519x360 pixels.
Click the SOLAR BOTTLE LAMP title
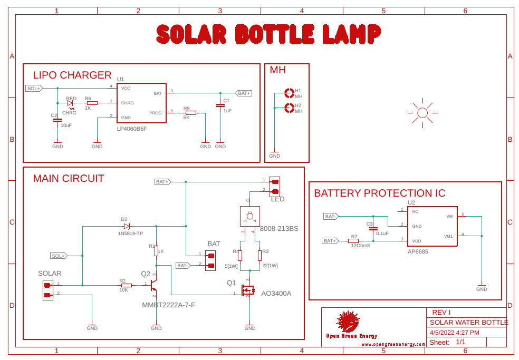coord(268,35)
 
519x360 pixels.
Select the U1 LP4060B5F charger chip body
coord(141,103)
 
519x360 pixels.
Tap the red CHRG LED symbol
coord(70,103)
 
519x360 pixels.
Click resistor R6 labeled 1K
coord(92,103)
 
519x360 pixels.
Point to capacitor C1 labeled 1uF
coord(220,105)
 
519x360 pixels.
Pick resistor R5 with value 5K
coord(190,113)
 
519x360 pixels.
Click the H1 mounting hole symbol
coord(289,93)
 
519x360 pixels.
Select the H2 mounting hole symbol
coord(289,108)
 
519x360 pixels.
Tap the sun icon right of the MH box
coord(422,112)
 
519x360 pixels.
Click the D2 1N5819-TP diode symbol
coord(126,226)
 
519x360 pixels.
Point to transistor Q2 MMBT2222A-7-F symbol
coord(153,285)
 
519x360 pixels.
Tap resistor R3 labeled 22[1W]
coord(259,256)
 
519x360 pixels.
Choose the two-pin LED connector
coord(274,186)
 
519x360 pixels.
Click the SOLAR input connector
coord(47,290)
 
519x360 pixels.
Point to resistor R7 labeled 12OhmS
coord(354,241)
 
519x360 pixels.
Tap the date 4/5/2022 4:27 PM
coord(454,333)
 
